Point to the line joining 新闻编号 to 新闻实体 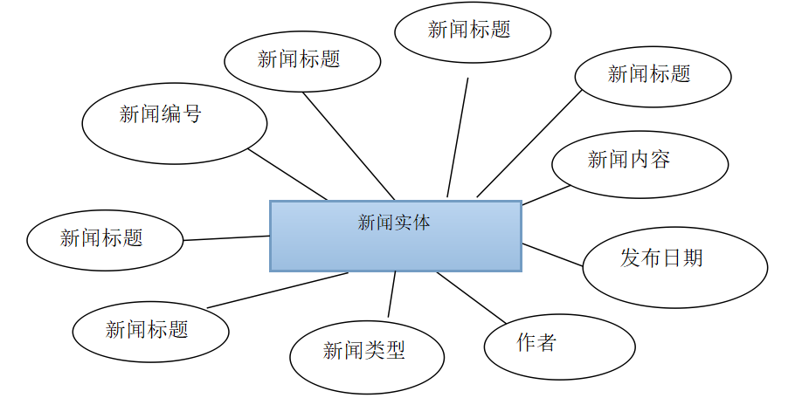(x=287, y=174)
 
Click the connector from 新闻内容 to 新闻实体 (x=546, y=195)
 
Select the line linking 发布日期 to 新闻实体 (x=552, y=255)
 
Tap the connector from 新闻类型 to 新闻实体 (x=391, y=294)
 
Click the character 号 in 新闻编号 (x=192, y=113)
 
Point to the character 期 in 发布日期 (x=693, y=257)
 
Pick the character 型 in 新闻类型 (x=396, y=351)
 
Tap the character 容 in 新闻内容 (x=660, y=159)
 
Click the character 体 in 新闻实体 (x=421, y=223)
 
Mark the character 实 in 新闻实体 (x=403, y=223)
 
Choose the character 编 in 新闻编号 (x=171, y=113)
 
